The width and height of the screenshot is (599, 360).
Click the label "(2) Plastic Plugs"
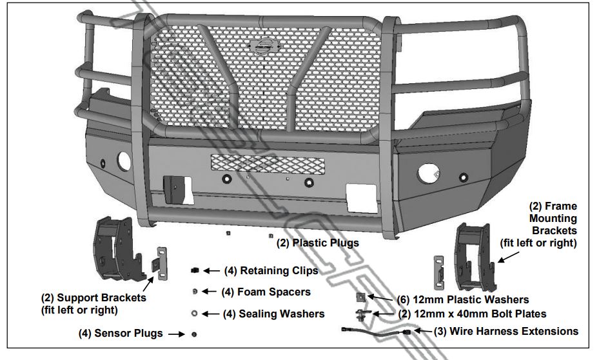317,243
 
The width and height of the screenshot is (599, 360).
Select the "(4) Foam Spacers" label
266,292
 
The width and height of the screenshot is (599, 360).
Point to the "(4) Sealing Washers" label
273,314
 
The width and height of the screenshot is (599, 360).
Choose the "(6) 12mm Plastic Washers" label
463,299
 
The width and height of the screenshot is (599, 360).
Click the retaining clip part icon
195,270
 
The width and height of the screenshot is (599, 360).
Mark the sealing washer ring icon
194,314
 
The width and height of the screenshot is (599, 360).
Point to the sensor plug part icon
194,334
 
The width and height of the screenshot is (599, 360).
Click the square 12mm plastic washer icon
361,298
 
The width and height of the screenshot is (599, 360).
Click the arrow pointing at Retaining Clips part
211,270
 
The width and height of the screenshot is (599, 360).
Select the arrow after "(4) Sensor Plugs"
173,334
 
